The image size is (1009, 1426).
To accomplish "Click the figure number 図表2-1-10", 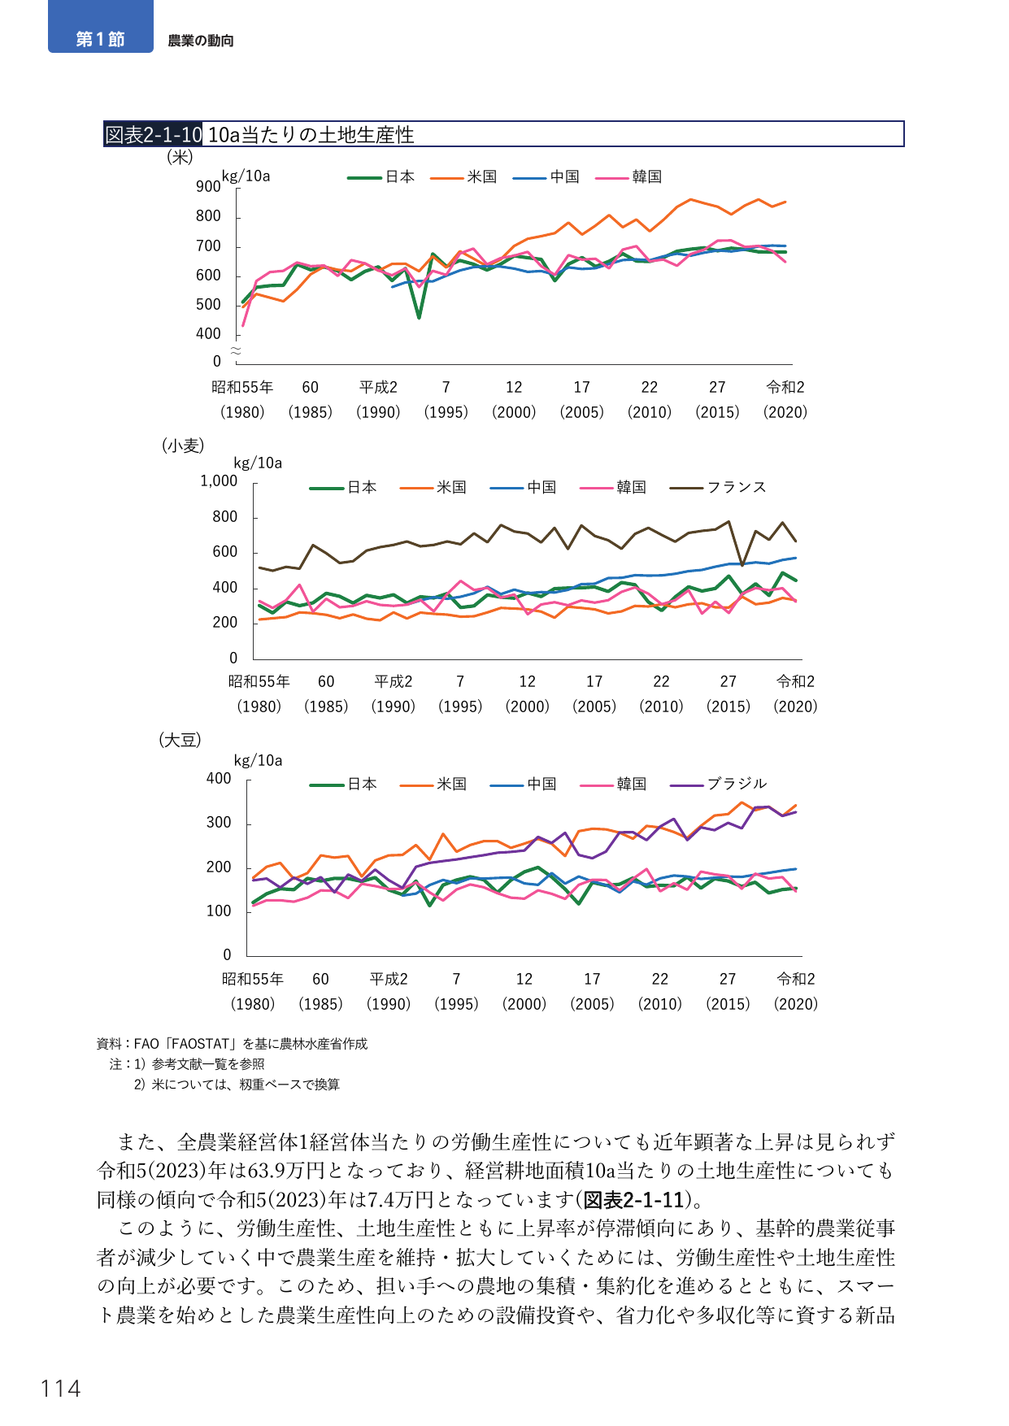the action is pos(153,134).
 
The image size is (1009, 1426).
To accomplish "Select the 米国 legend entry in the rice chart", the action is pos(463,177).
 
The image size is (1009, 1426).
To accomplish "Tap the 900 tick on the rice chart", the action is pos(208,186).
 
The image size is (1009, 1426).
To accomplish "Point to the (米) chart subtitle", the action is pos(180,156).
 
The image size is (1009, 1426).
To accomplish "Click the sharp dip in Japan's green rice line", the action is pos(419,317).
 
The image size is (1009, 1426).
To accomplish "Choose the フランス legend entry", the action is pos(718,487).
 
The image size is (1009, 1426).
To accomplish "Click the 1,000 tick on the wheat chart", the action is pos(219,481).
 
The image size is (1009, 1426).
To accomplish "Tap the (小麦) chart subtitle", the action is pos(183,446).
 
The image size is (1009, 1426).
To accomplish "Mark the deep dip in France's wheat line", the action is pos(742,564).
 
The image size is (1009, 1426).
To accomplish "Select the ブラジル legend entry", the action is pos(718,784).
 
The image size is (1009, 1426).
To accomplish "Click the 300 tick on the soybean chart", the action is pos(219,823).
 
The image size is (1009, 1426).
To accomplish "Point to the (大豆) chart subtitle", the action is pos(180,740).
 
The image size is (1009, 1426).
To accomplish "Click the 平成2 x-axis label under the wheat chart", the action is pos(394,681).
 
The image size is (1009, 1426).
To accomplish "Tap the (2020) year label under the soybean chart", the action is pos(796,1004).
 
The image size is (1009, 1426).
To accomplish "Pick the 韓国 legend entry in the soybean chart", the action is pos(614,784).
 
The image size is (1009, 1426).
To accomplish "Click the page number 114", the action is pos(61,1389).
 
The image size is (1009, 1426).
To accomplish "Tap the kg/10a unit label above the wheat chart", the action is pos(258,463).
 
